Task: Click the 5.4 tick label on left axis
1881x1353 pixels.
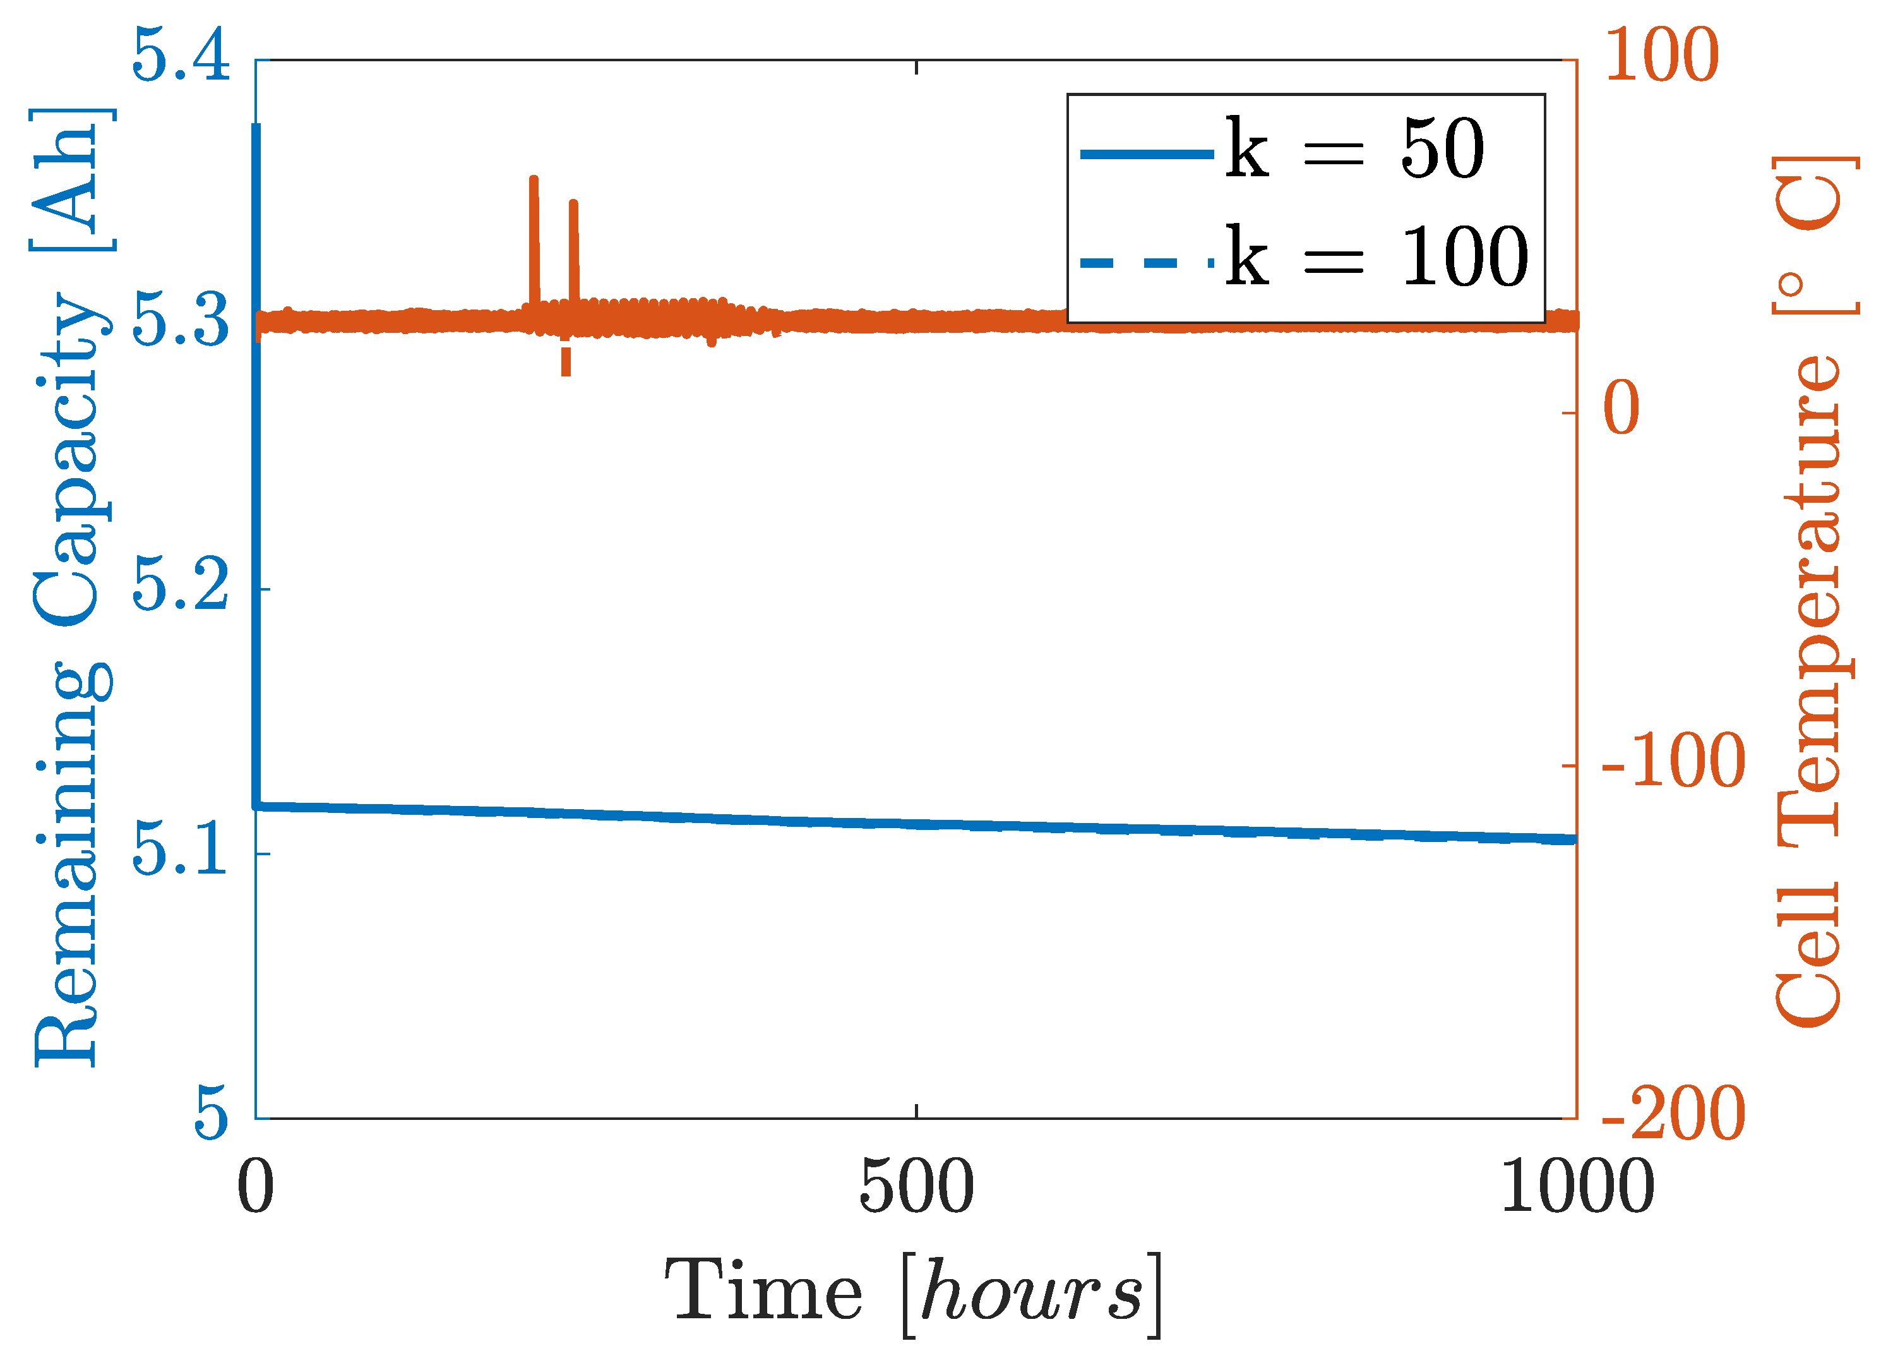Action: (x=180, y=56)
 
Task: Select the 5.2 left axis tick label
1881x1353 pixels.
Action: (x=180, y=587)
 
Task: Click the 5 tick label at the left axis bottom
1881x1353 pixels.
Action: (x=211, y=1115)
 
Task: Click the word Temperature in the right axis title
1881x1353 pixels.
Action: (x=1808, y=598)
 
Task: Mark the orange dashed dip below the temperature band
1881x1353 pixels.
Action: (x=566, y=361)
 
